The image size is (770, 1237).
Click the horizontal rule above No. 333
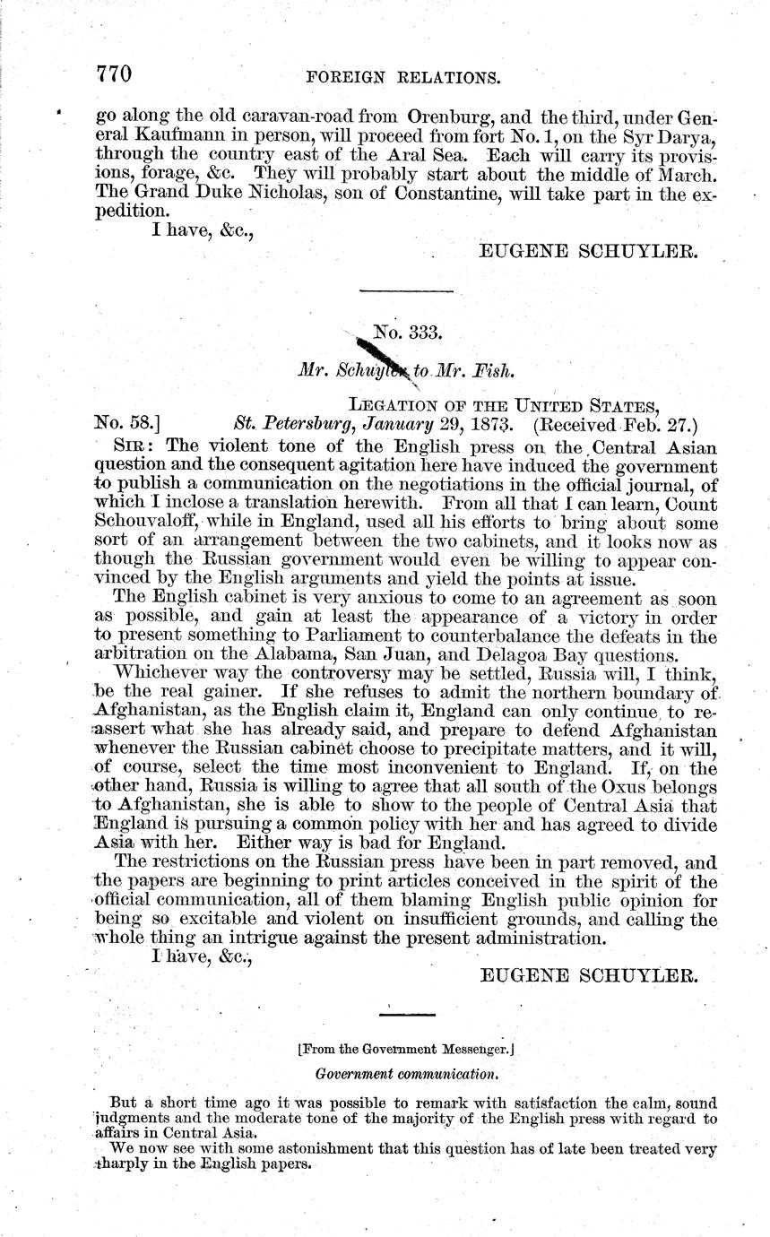(406, 290)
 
